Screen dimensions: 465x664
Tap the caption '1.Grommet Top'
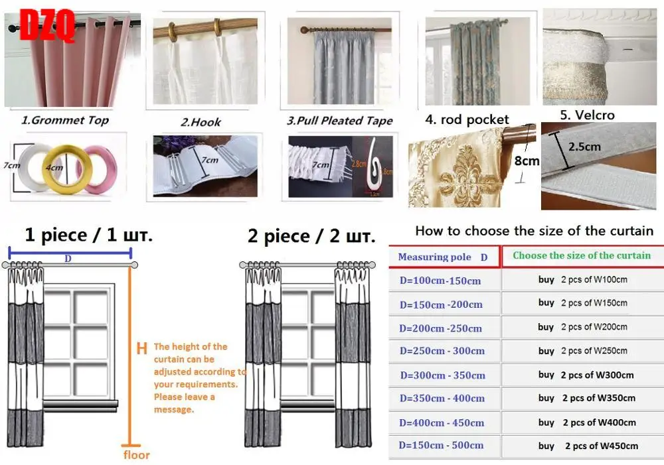64,120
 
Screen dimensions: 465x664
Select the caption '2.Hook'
201,121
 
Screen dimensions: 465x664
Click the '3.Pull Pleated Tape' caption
339,120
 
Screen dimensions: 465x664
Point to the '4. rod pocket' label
467,120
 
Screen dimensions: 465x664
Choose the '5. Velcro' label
587,115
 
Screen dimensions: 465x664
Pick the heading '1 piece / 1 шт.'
88,235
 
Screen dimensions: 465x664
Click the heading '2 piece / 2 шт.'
310,236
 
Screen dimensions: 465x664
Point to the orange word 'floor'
136,455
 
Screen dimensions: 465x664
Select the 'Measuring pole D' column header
442,257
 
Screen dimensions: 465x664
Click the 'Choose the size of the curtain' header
582,255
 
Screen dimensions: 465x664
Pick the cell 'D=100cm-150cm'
440,281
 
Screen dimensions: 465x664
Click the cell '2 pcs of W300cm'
597,375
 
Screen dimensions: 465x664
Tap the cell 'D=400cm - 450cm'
442,423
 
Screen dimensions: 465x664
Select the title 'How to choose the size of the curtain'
534,231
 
